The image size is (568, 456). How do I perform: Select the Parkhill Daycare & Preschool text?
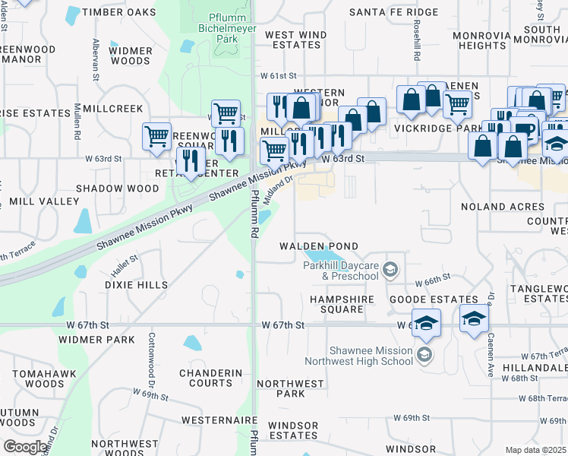click(x=340, y=271)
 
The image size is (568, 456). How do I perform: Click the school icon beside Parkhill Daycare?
click(x=390, y=269)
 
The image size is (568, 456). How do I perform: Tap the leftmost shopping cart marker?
click(x=156, y=137)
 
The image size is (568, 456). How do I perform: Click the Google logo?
click(x=25, y=447)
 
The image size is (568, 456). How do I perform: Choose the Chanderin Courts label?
click(x=210, y=378)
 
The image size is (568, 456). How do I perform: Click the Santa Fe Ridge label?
click(x=393, y=12)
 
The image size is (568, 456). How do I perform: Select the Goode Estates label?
click(x=434, y=300)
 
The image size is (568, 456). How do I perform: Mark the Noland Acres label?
click(x=503, y=207)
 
